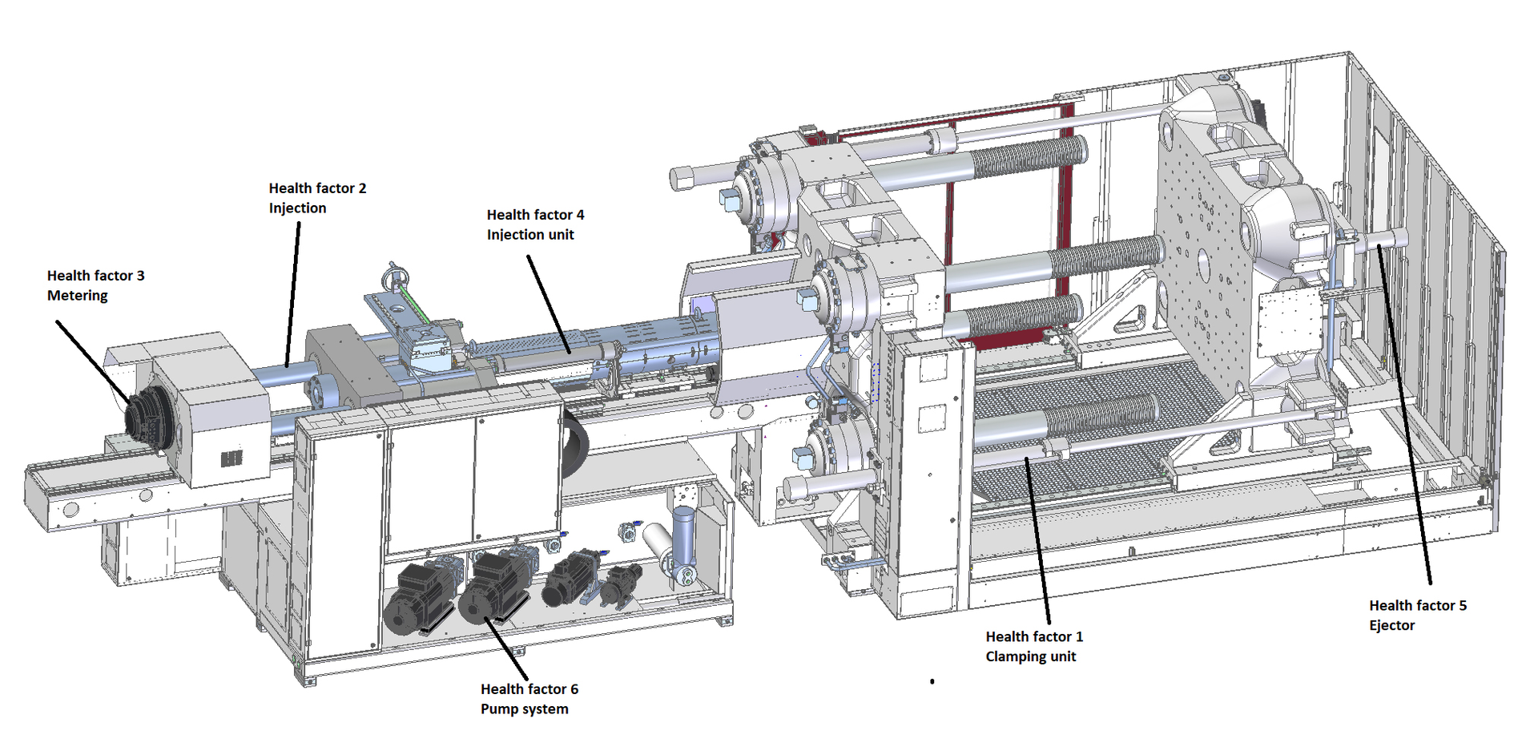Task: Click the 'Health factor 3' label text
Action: point(95,276)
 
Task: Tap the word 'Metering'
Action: point(77,296)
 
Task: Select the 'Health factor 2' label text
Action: point(317,188)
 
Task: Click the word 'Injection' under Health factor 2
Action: point(297,208)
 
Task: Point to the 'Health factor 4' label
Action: point(535,215)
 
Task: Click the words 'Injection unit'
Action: point(530,235)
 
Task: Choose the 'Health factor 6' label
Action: point(529,689)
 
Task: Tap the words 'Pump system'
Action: point(524,709)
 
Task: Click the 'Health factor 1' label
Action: point(1033,637)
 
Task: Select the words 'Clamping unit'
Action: point(1030,657)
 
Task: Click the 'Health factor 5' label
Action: point(1417,606)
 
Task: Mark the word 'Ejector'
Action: point(1391,626)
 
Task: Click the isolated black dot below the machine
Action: point(932,681)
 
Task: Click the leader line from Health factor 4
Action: point(549,305)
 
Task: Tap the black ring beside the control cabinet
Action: point(575,442)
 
